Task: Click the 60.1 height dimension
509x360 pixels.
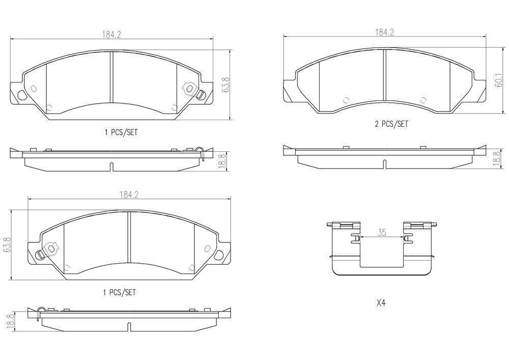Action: (x=499, y=80)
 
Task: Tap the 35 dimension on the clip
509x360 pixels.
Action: (x=382, y=232)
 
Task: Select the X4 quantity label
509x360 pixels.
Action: (x=381, y=303)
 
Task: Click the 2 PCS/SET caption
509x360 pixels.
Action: (x=391, y=124)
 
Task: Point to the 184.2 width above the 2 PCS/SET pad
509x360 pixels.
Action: (x=385, y=33)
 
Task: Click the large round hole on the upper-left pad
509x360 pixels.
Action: (x=22, y=95)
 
